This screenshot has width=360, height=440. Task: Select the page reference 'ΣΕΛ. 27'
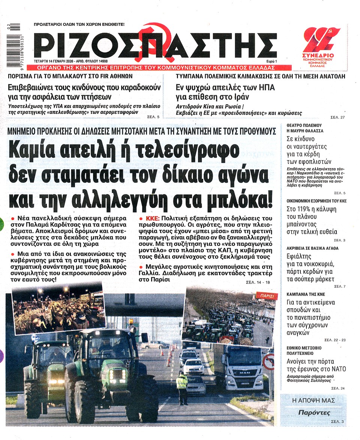(338, 117)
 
